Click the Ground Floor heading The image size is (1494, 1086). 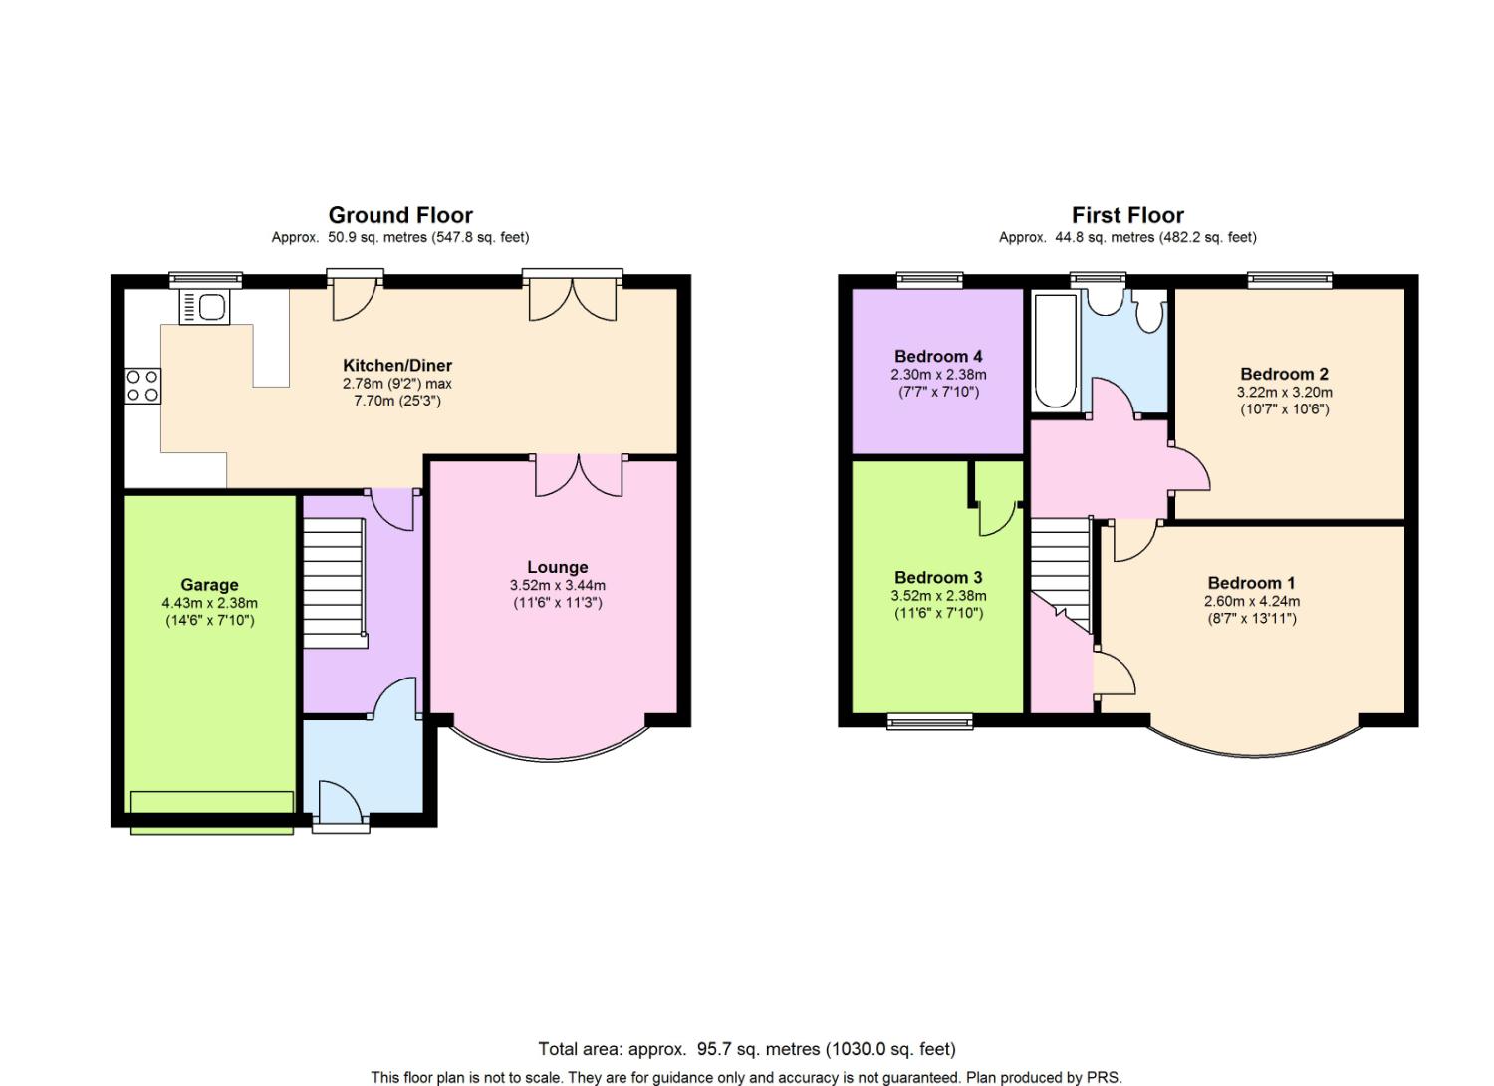point(400,215)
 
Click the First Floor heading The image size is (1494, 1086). point(1127,215)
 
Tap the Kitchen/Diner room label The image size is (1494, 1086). point(396,365)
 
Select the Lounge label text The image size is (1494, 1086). point(557,567)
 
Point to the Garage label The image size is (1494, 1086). point(209,585)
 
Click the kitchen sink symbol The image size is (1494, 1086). point(205,307)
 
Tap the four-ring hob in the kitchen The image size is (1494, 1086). point(142,386)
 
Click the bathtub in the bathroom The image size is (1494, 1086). point(1055,351)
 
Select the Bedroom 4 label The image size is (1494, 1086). point(938,357)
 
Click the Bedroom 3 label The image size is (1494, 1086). point(938,577)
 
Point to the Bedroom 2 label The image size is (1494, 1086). point(1284,374)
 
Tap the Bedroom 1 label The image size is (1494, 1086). point(1251,583)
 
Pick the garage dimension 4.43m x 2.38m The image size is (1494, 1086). point(209,603)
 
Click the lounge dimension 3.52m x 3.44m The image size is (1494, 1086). point(558,585)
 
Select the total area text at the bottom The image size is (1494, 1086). point(747,1049)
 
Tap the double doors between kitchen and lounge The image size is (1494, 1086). point(579,475)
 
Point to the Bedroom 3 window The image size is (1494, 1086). point(929,721)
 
